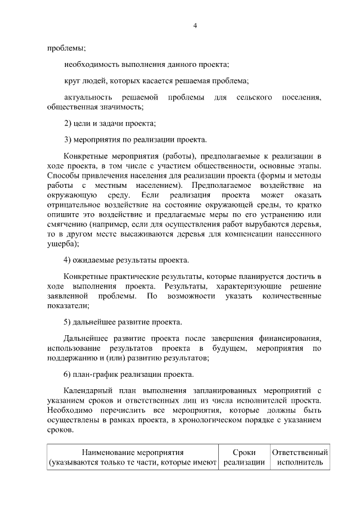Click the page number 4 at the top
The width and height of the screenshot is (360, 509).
(x=195, y=25)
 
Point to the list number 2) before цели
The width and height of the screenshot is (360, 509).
(x=69, y=123)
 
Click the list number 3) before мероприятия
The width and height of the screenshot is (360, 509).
(x=69, y=139)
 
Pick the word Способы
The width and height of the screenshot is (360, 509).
(x=62, y=174)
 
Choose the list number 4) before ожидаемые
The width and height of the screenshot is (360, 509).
(x=69, y=260)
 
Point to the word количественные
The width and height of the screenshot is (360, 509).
(x=292, y=296)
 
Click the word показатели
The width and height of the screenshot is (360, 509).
(x=67, y=306)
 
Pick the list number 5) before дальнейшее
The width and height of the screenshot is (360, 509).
(x=69, y=322)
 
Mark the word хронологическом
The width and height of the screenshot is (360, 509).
(x=218, y=420)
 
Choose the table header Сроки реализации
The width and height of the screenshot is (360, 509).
(x=244, y=457)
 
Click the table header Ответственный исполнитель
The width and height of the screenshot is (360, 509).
(x=300, y=457)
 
